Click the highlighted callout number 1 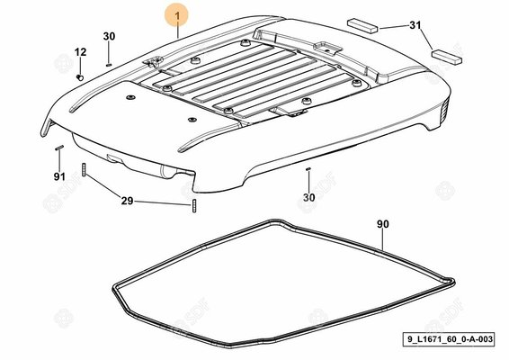click(x=176, y=15)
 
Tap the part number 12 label click(x=81, y=52)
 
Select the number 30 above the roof click(x=109, y=36)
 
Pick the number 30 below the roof click(x=309, y=197)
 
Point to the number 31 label click(x=415, y=25)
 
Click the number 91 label click(x=59, y=176)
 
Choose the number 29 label click(x=128, y=201)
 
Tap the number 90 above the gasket click(x=383, y=224)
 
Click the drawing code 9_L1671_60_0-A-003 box click(x=449, y=339)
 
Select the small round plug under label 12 click(x=80, y=77)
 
